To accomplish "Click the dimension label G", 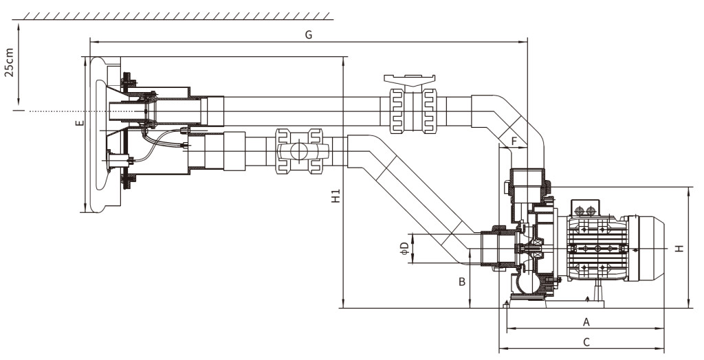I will tap(309, 35).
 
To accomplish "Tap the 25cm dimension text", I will tap(9, 63).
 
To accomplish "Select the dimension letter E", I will tap(79, 124).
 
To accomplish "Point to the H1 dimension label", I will tap(335, 197).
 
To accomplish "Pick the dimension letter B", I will tap(463, 281).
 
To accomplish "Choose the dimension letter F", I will tap(513, 142).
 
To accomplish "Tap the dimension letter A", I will tap(586, 322).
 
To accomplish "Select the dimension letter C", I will tap(586, 341).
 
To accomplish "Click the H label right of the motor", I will tap(679, 248).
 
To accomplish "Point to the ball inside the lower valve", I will tap(299, 153).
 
